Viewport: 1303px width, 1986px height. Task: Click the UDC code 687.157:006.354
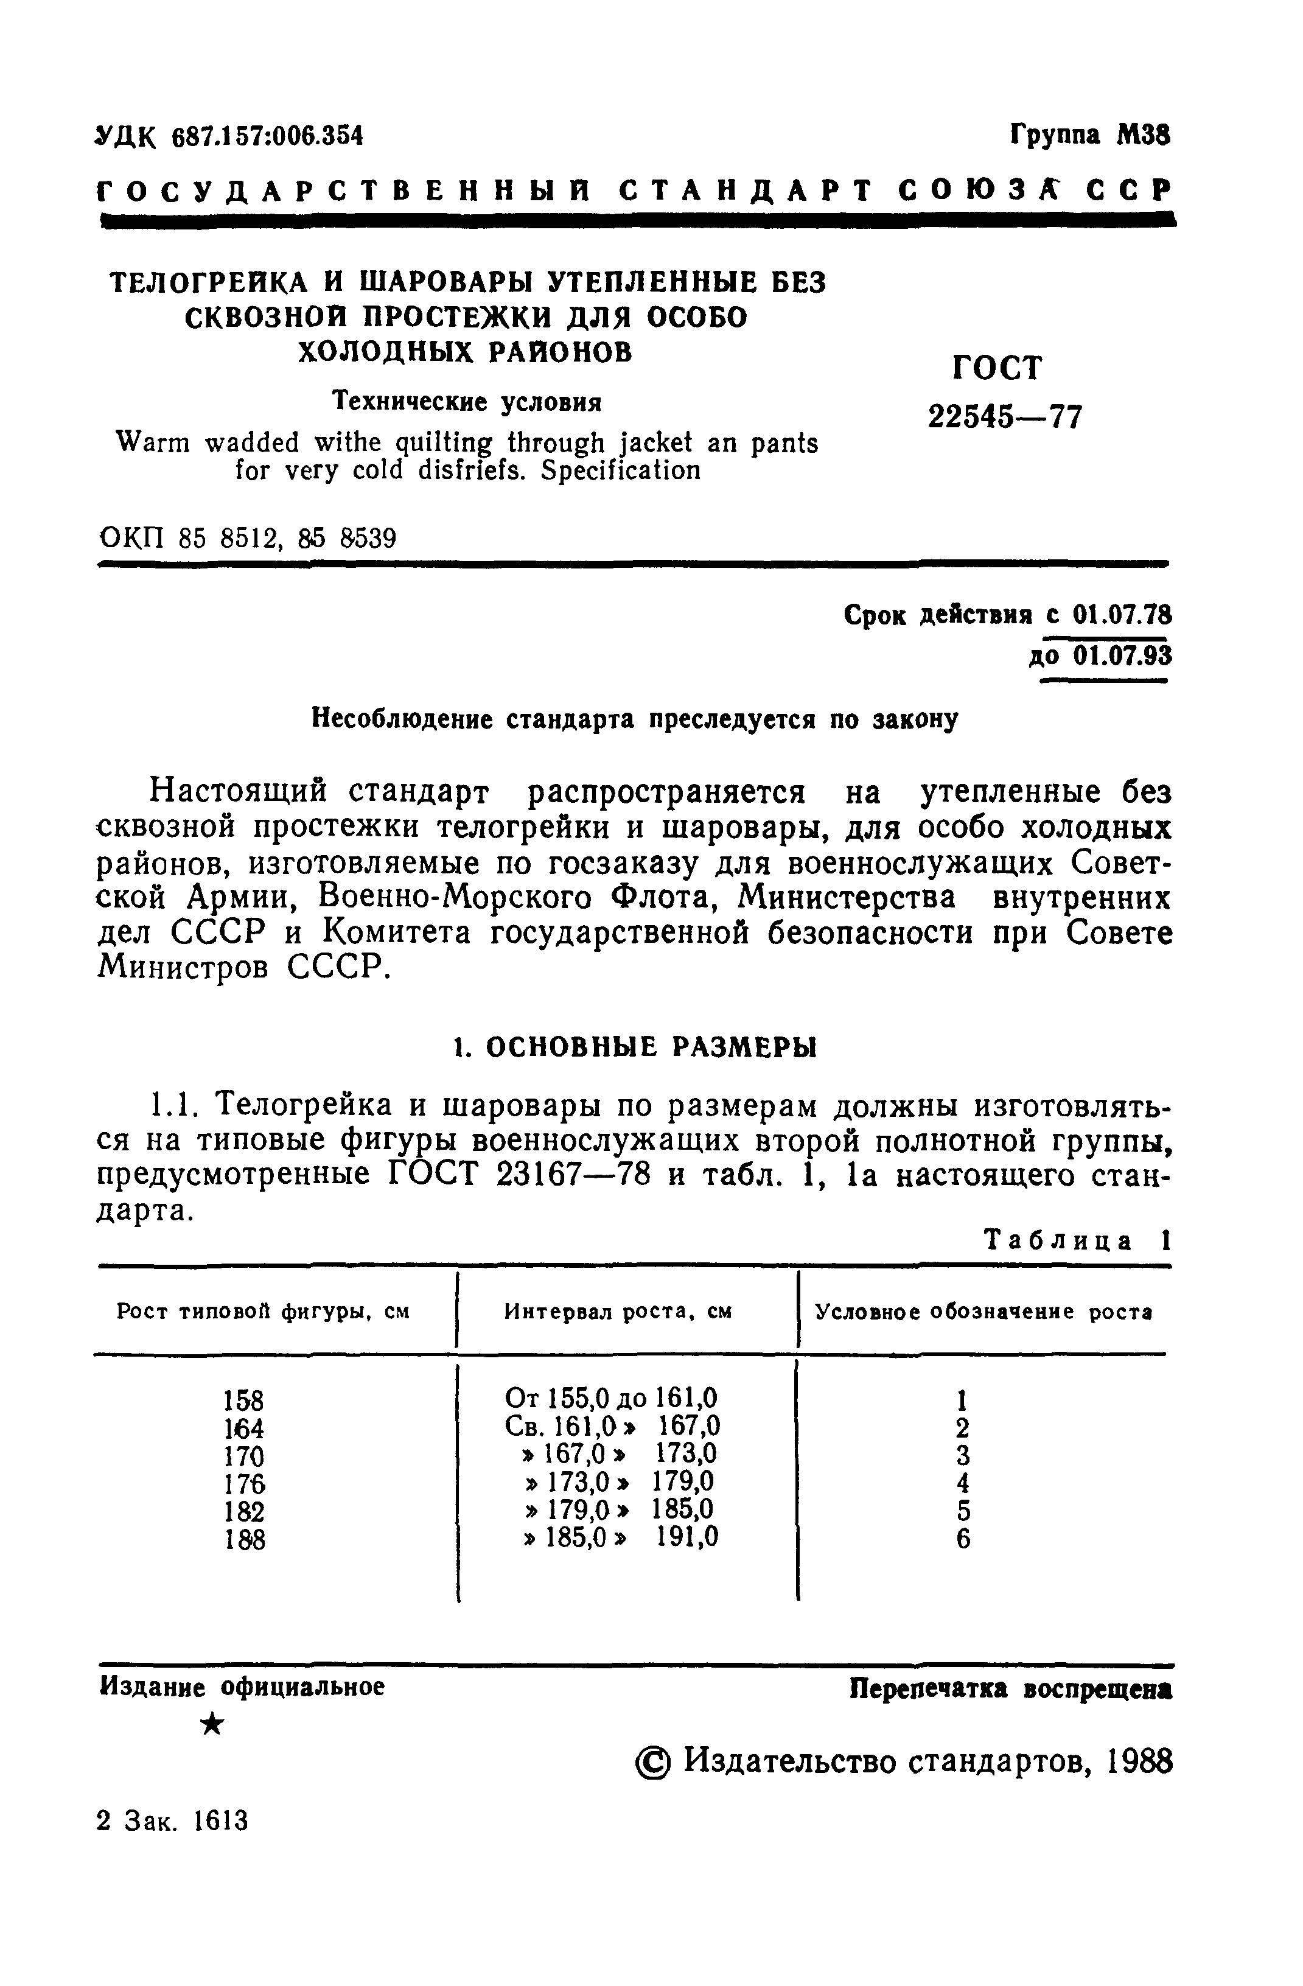pos(267,136)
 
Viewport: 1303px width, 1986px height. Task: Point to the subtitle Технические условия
pos(467,402)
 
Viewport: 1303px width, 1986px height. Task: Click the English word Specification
pos(621,472)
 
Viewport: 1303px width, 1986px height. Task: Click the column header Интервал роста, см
pos(618,1311)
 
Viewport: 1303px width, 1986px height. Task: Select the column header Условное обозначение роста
pos(983,1311)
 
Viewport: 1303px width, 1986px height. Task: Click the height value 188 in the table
pos(245,1540)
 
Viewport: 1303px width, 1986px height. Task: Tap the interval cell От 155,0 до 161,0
pos(612,1399)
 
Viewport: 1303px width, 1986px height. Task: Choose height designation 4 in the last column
pos(963,1484)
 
